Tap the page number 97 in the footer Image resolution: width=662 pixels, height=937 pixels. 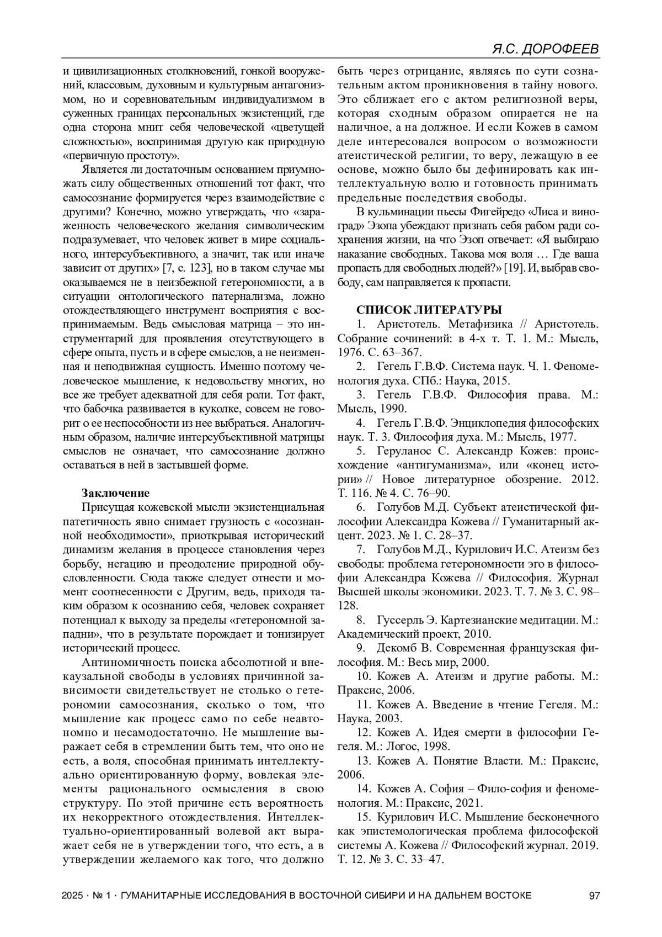coord(594,895)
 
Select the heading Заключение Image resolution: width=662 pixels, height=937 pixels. coord(116,493)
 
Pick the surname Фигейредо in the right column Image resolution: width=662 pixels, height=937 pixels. coord(499,211)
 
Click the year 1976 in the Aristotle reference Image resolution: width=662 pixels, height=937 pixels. coord(349,352)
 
